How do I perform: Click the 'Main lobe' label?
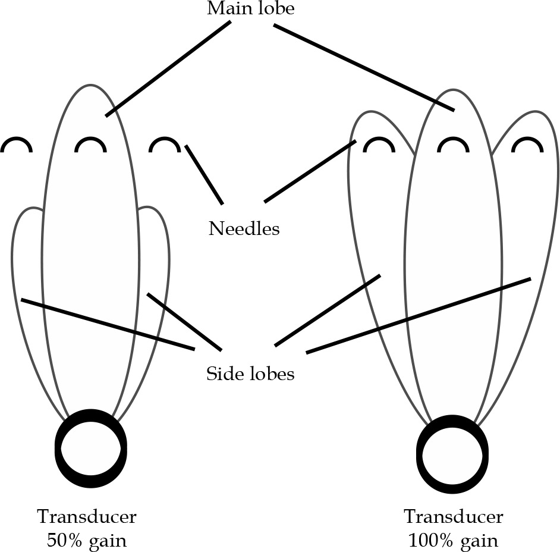click(x=250, y=9)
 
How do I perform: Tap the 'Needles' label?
click(x=244, y=228)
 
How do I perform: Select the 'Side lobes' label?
click(x=250, y=374)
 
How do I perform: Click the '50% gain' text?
click(x=87, y=541)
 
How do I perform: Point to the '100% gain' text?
click(x=453, y=541)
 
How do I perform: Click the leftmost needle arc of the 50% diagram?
click(x=16, y=144)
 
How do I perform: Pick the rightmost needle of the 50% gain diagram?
click(x=164, y=144)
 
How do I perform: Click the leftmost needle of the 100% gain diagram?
click(x=378, y=145)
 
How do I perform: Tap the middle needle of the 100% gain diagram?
click(x=453, y=145)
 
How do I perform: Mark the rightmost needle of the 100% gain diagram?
click(x=528, y=145)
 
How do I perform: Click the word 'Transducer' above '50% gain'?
click(x=87, y=516)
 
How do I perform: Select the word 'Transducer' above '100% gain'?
click(x=453, y=516)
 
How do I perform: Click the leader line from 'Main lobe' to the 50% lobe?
click(x=168, y=68)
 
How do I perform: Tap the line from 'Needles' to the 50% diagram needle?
click(x=204, y=174)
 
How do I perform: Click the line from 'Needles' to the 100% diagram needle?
click(x=310, y=171)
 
